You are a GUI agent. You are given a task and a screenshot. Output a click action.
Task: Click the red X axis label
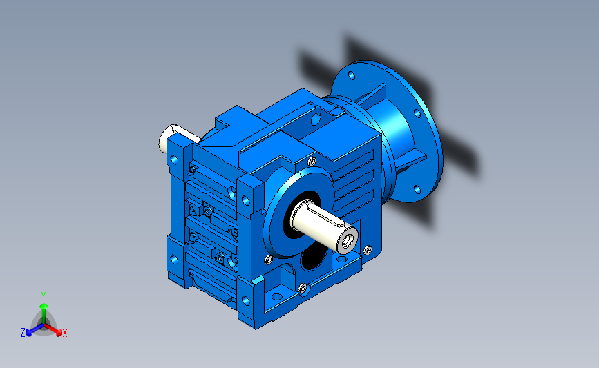coord(64,333)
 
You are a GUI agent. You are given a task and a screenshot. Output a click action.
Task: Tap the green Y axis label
coord(44,296)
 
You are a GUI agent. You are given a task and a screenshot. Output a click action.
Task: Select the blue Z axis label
coord(23,333)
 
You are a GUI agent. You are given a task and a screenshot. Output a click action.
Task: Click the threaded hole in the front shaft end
coord(348,240)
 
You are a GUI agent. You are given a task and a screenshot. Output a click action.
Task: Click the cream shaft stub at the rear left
coord(170,138)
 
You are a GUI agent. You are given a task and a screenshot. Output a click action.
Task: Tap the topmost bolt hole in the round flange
coord(352,75)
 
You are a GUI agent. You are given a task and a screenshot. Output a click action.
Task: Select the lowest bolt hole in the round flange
coord(417,189)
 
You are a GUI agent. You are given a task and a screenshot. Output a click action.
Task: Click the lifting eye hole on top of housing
coord(316,119)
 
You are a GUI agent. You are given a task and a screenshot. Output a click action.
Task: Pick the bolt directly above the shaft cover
coord(312,161)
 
